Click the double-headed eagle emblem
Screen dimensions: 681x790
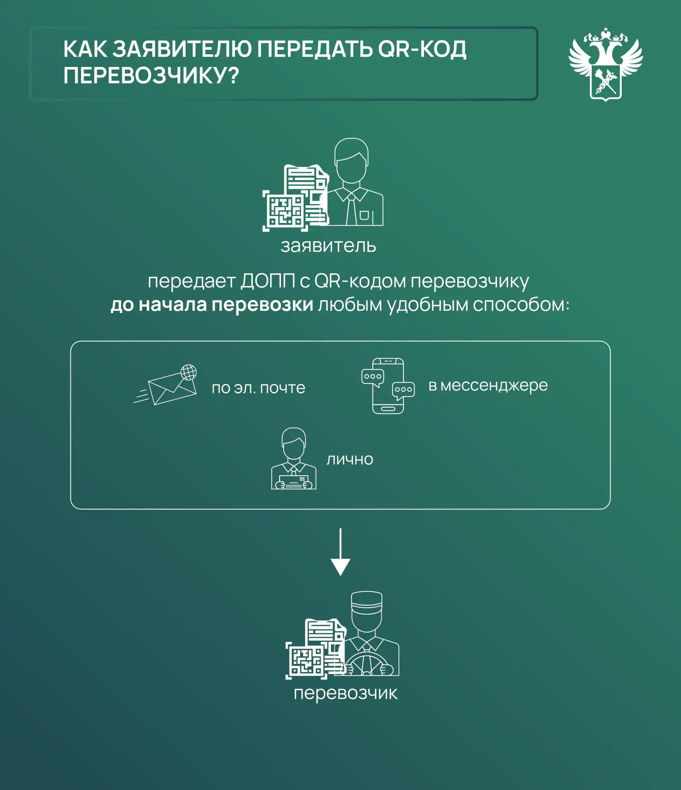coord(606,64)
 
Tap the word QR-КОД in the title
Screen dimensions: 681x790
coord(422,49)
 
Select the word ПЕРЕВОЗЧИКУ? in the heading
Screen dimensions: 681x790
coord(151,76)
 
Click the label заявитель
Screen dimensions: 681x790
coord(328,246)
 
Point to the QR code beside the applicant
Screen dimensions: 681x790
coord(285,211)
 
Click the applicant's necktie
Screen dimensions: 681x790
coord(351,209)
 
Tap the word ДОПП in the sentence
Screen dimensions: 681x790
coord(268,281)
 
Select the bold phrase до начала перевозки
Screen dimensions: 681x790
coord(212,305)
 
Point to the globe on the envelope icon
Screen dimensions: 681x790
coord(189,372)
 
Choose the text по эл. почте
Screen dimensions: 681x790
coord(259,388)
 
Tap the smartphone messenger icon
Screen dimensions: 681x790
coord(388,386)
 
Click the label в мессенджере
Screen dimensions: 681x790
coord(488,386)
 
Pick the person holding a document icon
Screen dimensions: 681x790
coord(294,458)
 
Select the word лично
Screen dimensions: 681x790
coord(350,459)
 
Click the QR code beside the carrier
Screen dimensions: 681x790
coord(307,660)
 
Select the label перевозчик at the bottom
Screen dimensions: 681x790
coord(345,693)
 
